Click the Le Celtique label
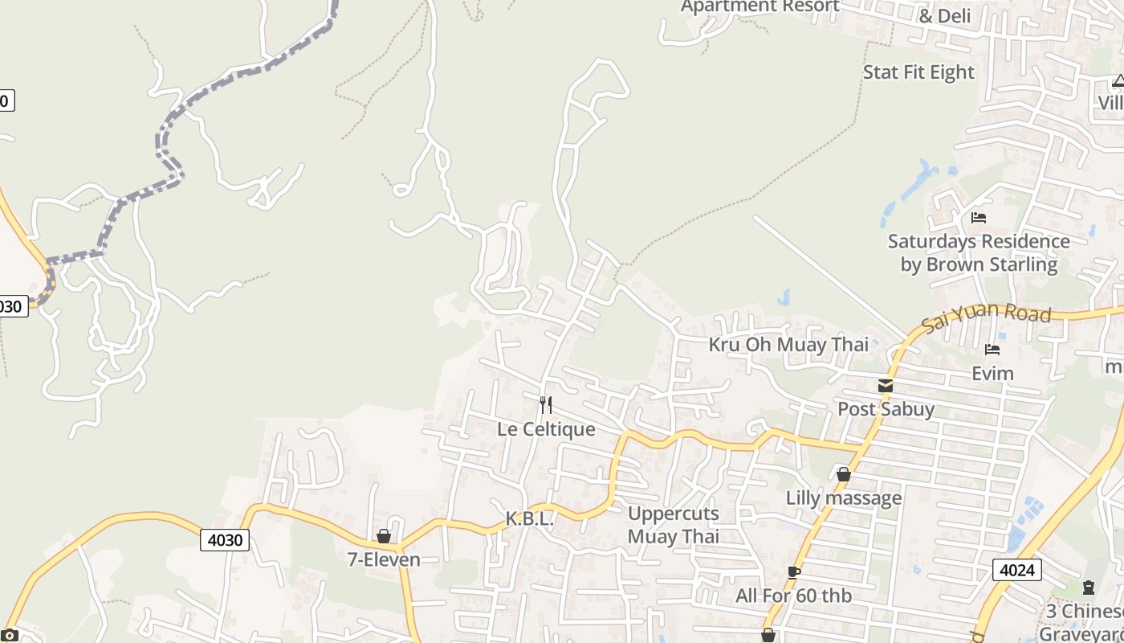546,429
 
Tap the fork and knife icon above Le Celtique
546,403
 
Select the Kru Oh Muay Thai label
788,345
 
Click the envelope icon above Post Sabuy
886,386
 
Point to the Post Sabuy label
886,409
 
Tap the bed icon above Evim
992,350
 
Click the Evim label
992,373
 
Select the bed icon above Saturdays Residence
978,217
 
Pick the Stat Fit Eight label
918,72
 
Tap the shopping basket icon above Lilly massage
843,474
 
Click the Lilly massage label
843,498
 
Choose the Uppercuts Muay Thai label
674,525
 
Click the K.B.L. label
530,519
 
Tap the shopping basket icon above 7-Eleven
384,536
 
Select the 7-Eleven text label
384,559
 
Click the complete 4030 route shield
225,540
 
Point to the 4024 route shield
1017,570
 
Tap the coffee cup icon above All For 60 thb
793,572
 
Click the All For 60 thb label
793,596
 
